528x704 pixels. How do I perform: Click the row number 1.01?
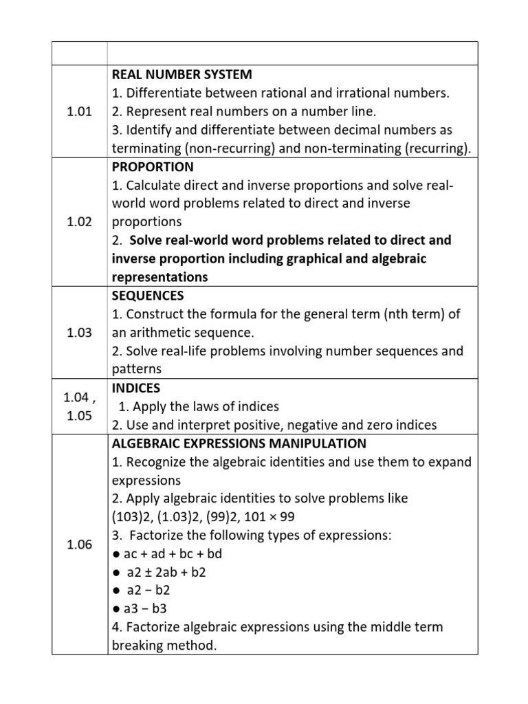tap(80, 112)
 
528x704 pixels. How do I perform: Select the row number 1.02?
tap(80, 223)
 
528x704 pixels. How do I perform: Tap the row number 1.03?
tap(80, 333)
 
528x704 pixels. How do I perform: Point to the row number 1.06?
tap(80, 544)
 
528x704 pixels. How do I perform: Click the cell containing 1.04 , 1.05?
tap(80, 406)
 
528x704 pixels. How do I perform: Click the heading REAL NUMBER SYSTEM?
tap(182, 74)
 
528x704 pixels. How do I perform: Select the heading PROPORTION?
tap(153, 167)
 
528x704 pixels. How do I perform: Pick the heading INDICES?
tap(135, 388)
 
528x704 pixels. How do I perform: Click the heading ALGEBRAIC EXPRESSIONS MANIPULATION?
tap(239, 443)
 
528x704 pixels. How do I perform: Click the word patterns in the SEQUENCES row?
tap(136, 369)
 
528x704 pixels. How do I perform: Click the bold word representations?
tap(159, 277)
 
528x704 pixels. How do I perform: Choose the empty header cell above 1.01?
tap(80, 53)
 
